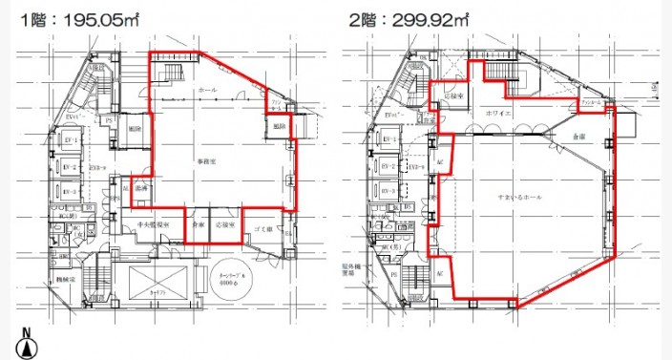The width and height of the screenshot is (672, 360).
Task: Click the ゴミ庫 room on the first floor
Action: (x=264, y=230)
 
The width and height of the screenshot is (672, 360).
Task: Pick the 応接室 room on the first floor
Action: (x=225, y=225)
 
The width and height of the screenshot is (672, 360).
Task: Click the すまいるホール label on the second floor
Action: (x=518, y=197)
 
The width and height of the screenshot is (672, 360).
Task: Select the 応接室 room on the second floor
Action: (x=453, y=97)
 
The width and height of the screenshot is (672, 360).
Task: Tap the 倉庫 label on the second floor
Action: (x=578, y=138)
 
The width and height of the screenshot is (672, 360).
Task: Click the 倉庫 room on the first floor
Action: (x=197, y=225)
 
